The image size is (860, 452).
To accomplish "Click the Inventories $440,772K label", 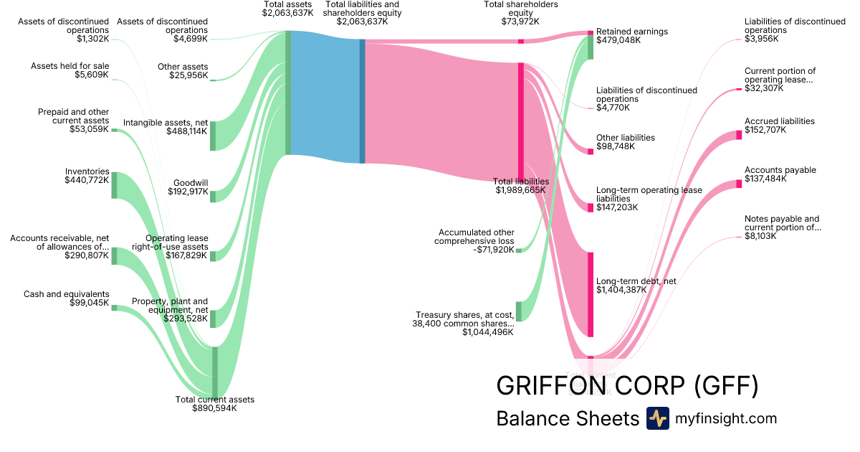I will coord(87,176).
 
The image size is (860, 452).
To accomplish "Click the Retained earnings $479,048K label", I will coord(632,36).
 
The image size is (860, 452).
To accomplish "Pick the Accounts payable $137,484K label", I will coord(780,174).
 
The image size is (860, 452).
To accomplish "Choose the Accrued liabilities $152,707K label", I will coord(780,126).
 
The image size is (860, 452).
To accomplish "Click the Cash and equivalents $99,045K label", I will coord(67,298).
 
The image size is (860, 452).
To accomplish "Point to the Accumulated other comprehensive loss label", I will coord(474,240).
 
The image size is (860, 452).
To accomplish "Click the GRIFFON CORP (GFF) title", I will coord(626,386).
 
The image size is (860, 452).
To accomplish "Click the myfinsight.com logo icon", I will coord(657,418).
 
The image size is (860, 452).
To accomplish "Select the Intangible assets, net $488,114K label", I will coord(166,127).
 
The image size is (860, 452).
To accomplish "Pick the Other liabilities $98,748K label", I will coord(626,142).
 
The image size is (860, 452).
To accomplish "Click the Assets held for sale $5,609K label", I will coord(70,70).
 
